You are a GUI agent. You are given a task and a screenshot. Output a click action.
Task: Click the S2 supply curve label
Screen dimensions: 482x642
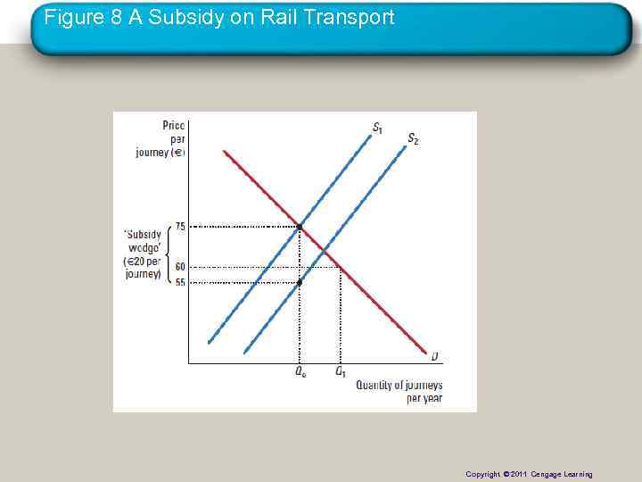(x=413, y=138)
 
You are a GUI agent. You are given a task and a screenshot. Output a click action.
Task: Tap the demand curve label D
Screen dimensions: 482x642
(x=434, y=356)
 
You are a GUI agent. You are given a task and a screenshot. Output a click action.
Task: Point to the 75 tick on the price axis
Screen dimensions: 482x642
(x=180, y=227)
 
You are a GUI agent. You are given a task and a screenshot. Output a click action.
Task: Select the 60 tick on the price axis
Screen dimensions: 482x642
(x=180, y=267)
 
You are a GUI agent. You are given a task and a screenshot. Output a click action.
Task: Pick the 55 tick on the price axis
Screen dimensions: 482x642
(x=180, y=282)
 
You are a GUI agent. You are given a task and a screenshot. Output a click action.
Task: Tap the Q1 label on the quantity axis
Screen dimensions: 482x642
(x=341, y=372)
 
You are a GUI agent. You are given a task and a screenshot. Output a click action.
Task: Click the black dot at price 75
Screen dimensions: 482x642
(x=300, y=227)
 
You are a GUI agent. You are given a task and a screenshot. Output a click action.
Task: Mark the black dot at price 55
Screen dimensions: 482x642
(x=300, y=282)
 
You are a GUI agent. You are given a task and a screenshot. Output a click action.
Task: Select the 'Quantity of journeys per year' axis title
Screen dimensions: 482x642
(x=399, y=391)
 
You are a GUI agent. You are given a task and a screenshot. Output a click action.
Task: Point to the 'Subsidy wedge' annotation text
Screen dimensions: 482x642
(x=143, y=254)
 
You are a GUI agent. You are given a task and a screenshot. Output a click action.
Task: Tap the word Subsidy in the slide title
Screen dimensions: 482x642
(x=193, y=17)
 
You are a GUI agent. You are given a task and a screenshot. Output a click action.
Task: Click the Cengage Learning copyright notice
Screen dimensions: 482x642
(x=529, y=474)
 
